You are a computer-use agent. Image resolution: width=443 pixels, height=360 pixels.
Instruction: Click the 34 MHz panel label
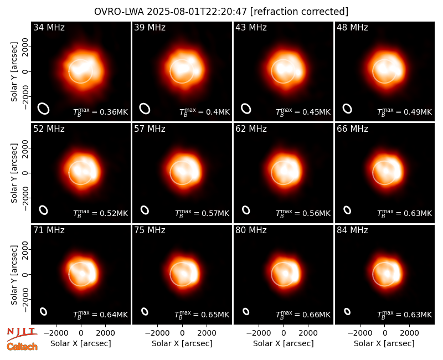49,27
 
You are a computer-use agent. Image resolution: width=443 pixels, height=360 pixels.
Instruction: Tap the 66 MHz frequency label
352,129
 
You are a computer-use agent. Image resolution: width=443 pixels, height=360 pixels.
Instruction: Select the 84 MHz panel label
352,230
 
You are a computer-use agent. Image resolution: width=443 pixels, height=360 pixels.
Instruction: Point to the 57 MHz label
150,129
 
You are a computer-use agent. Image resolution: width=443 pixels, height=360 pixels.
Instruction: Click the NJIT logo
22,333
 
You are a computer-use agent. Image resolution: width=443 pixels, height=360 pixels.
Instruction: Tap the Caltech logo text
22,347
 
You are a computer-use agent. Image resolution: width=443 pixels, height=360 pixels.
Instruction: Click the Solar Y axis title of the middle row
14,173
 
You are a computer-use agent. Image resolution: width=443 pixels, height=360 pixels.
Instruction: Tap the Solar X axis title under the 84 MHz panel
384,343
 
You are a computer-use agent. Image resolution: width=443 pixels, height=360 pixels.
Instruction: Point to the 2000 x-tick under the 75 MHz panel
207,333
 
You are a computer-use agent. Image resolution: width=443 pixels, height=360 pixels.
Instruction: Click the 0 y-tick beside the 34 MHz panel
25,72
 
